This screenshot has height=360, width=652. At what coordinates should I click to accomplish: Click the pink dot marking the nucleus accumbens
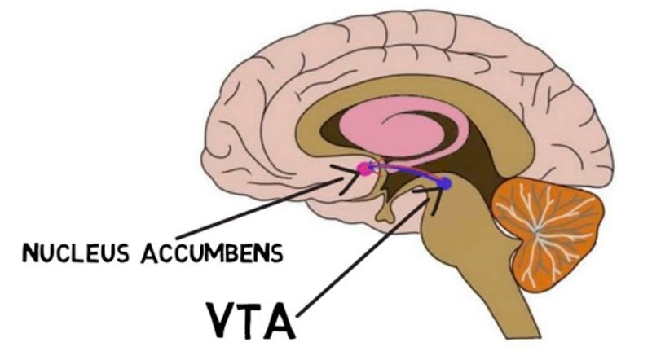coord(363,169)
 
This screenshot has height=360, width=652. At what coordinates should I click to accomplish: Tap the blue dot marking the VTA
coord(443,185)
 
